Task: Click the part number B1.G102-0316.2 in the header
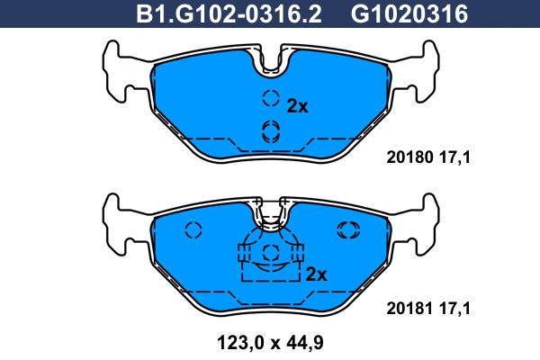229,14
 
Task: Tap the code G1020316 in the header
409,14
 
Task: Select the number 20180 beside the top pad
409,157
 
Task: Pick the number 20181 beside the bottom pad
409,309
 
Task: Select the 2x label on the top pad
297,106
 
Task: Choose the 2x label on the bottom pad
316,274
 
